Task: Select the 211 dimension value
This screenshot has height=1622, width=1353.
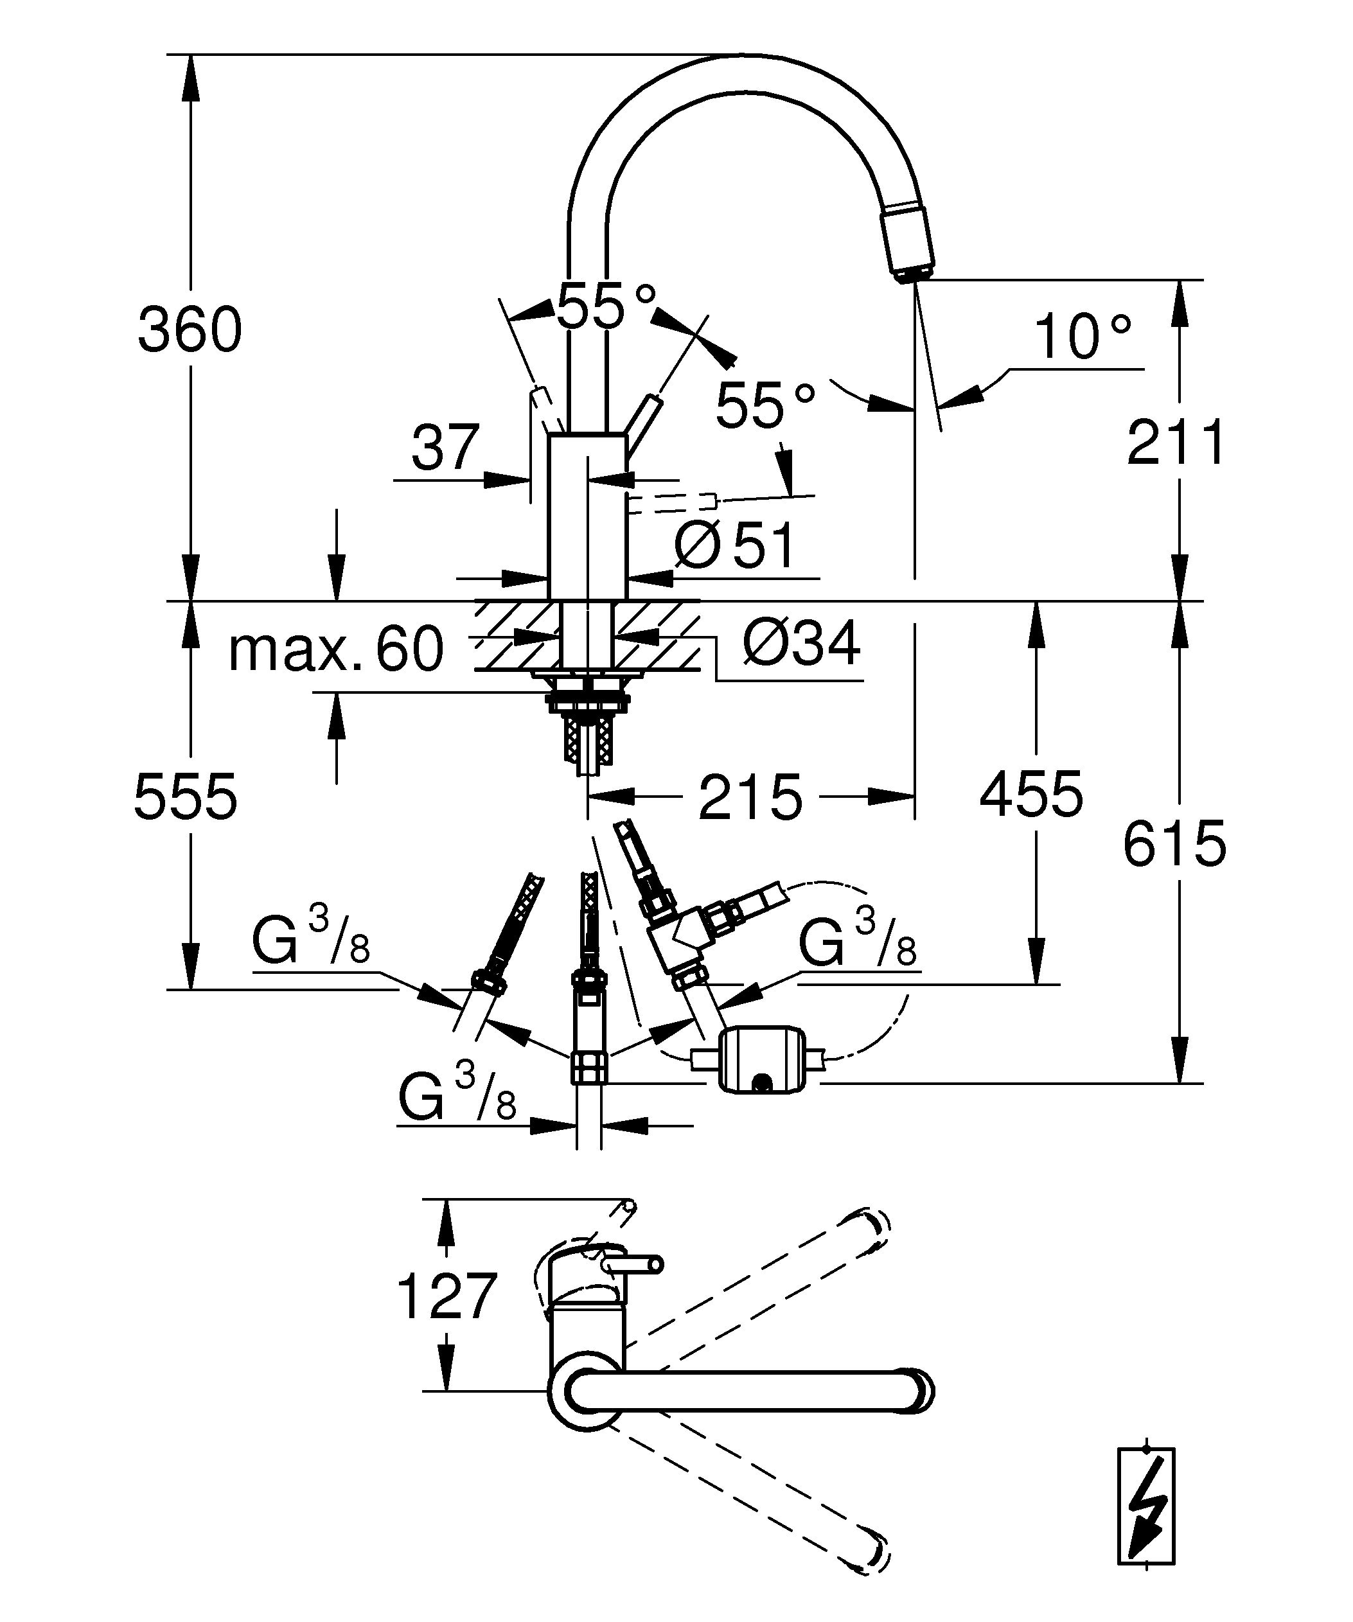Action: [x=1176, y=443]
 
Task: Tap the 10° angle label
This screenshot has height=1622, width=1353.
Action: [x=1082, y=337]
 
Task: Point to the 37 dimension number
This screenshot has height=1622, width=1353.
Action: [x=446, y=447]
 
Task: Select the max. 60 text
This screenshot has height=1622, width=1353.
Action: [x=336, y=649]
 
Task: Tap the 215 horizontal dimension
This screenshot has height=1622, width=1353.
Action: [x=750, y=797]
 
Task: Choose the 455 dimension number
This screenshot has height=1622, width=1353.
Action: [x=1031, y=794]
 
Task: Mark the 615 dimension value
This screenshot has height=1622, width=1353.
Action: [x=1174, y=843]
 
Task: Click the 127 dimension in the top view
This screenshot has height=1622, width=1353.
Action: [x=447, y=1296]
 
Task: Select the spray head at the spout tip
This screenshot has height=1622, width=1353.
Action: [x=909, y=240]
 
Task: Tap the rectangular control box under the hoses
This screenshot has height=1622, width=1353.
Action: [x=761, y=1057]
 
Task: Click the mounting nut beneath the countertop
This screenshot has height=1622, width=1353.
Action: [x=588, y=701]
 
